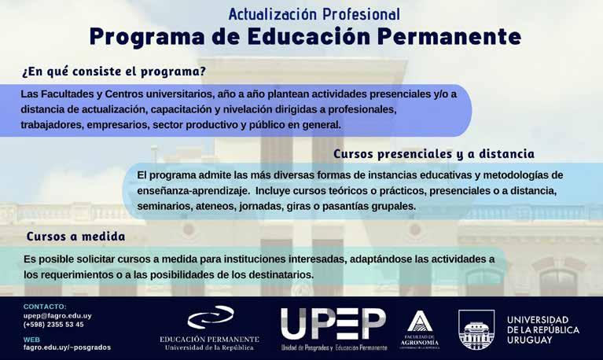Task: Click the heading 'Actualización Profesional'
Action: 314,15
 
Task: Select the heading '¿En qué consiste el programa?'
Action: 114,72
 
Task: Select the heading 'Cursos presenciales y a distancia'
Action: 434,154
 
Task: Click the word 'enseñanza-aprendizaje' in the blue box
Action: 193,191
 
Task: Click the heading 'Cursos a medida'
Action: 75,236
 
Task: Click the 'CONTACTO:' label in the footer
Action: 45,307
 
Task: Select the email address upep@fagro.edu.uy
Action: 57,316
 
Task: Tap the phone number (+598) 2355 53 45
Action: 53,324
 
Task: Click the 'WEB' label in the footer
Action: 31,340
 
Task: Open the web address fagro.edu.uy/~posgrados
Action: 67,347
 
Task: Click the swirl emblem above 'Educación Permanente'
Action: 211,317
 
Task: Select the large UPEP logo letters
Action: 333,324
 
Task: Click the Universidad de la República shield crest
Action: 476,329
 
